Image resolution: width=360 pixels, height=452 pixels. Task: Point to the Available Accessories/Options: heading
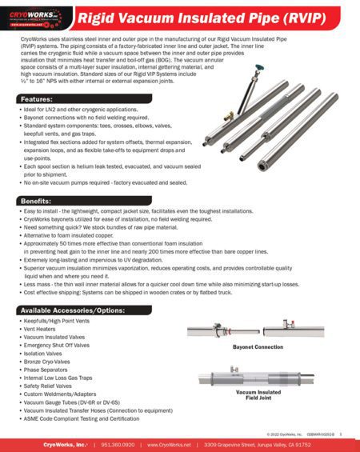pyautogui.click(x=72, y=310)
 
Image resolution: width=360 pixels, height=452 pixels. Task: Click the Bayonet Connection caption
pyautogui.click(x=258, y=347)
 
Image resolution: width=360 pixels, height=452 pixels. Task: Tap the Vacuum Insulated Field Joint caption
pyautogui.click(x=258, y=394)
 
